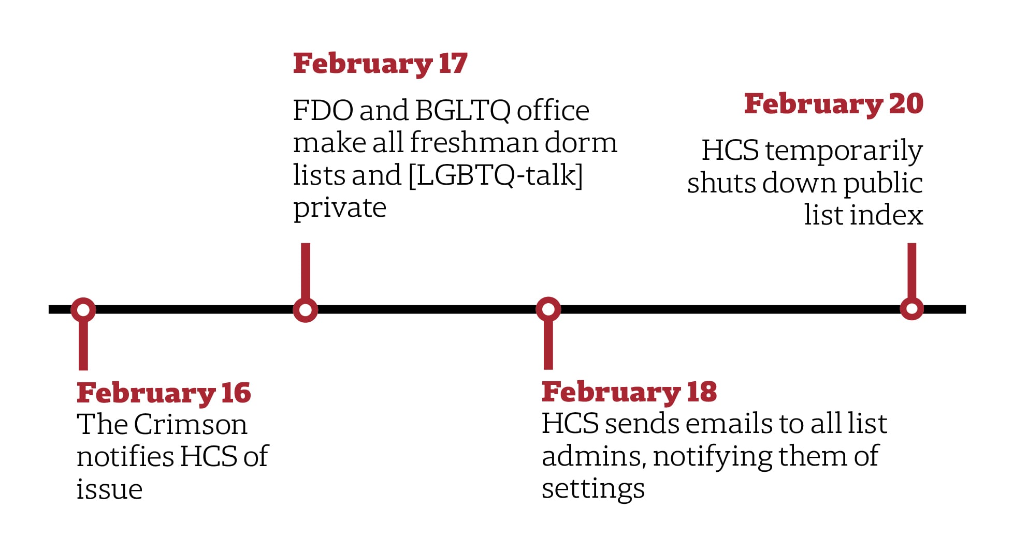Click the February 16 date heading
tap(164, 393)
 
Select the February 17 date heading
tap(380, 64)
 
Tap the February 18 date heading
tap(629, 392)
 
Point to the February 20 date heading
tap(833, 104)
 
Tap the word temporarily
tap(844, 152)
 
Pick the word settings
tap(594, 489)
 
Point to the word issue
tap(109, 489)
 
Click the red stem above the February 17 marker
tap(306, 271)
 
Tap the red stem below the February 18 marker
tap(548, 345)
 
